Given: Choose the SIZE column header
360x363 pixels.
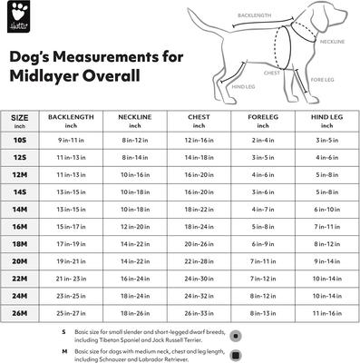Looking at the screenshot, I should [x=19, y=117].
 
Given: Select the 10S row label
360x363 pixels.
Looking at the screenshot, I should [x=19, y=141].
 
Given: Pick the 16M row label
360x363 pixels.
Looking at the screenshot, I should [x=19, y=226].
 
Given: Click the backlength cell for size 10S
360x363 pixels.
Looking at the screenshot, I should [x=71, y=141].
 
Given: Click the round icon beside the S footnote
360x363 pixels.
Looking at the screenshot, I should [x=236, y=334].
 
